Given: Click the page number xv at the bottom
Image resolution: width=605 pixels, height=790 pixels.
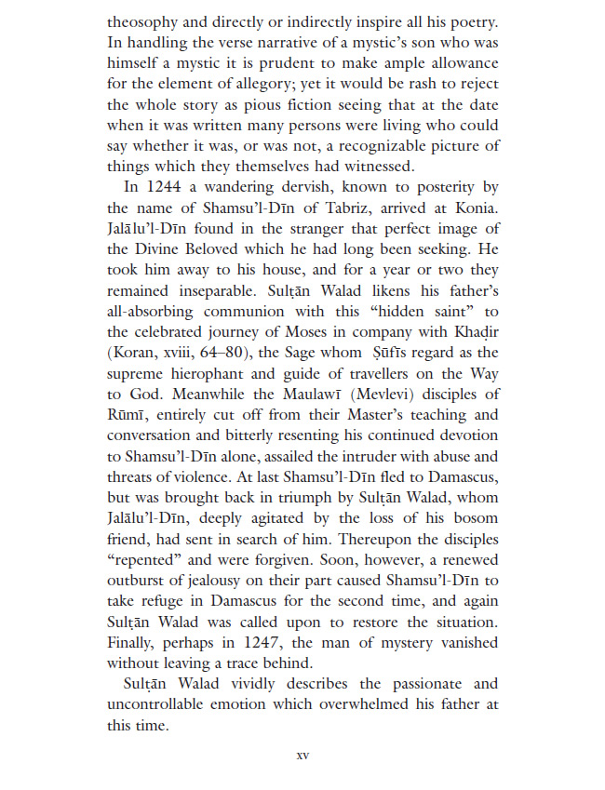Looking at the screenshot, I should click(x=302, y=755).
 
